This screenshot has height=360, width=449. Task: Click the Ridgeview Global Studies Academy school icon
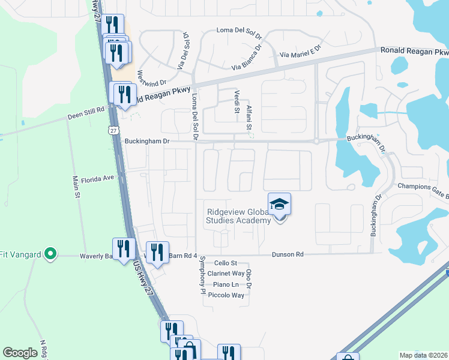280,206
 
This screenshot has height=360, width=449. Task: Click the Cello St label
226,263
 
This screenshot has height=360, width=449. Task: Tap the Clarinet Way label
227,274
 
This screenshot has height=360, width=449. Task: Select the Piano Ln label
226,284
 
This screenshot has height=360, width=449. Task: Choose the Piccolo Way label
226,295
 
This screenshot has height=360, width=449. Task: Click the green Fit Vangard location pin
50,254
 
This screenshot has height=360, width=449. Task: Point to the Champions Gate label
423,188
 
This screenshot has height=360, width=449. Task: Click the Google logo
20,353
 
